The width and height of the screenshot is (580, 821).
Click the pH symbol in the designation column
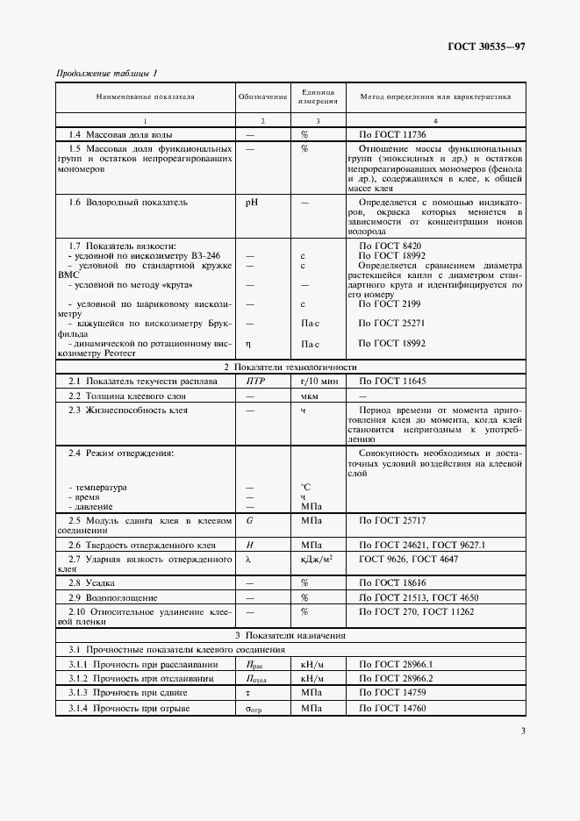tap(253, 202)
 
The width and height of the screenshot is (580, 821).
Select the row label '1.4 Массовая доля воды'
tap(120, 134)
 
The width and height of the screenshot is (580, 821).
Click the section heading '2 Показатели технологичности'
tap(290, 367)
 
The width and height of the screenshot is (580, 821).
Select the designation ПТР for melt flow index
tap(256, 381)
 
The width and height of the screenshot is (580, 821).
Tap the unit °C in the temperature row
tap(306, 487)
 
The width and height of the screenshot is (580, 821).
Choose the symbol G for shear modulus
tap(249, 520)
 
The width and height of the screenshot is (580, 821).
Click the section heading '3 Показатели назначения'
tap(290, 635)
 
